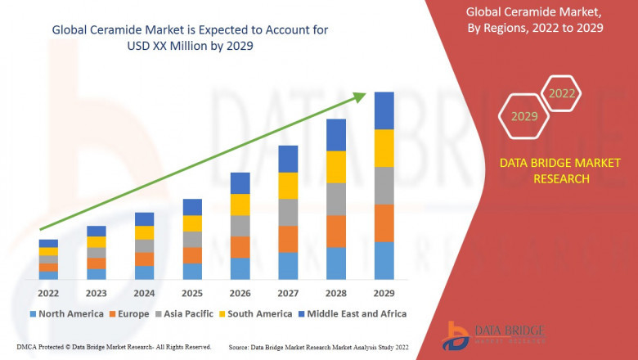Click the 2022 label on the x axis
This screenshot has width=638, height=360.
[x=48, y=293]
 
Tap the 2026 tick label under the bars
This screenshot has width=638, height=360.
[x=240, y=293]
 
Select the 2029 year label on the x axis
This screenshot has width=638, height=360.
[x=384, y=293]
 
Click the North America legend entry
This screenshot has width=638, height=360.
[x=66, y=313]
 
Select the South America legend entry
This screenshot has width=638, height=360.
[x=256, y=313]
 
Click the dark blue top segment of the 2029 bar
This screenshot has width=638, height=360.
[x=384, y=110]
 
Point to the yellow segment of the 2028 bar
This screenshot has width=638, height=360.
[x=336, y=167]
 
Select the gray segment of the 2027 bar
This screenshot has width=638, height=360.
[x=288, y=212]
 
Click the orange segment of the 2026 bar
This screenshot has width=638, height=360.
[x=240, y=247]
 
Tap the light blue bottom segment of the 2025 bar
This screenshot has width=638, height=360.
[x=192, y=271]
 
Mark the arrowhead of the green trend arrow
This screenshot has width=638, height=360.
[x=359, y=97]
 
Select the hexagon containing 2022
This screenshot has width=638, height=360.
[x=561, y=93]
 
